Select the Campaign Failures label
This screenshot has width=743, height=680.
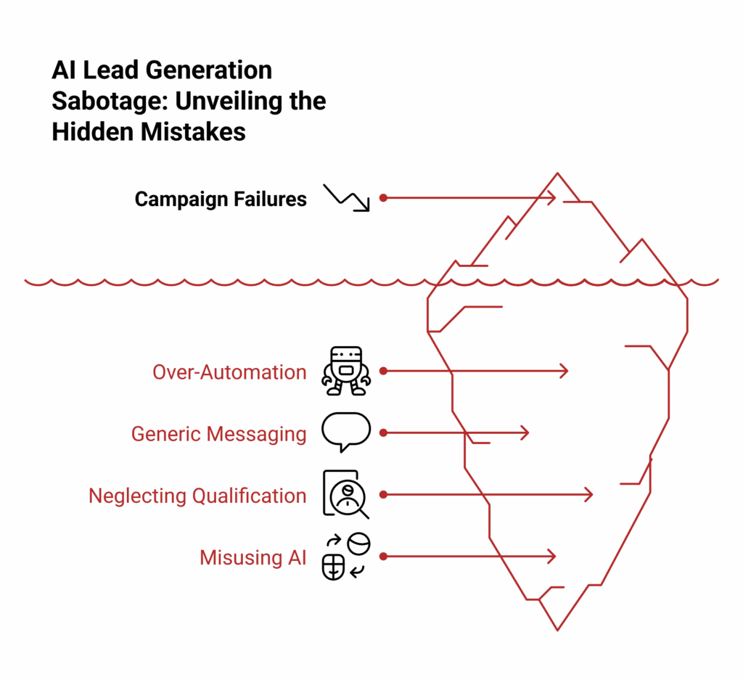(x=221, y=198)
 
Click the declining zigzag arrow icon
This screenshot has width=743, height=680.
(x=347, y=197)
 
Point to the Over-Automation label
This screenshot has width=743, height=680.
(x=229, y=372)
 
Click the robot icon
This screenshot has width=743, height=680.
(x=346, y=371)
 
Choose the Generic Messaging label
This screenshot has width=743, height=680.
(x=218, y=434)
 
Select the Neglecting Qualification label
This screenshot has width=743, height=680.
(x=197, y=496)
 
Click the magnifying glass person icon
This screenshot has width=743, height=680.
(x=346, y=494)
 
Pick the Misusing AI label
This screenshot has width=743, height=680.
(x=253, y=557)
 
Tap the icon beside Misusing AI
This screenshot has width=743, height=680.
(x=346, y=557)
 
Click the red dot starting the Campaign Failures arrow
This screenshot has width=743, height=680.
(x=383, y=197)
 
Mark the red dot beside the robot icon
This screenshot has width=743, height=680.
(x=383, y=371)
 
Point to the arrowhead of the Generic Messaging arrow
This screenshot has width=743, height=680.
(x=527, y=433)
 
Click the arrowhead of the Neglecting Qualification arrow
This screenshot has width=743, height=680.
(x=591, y=495)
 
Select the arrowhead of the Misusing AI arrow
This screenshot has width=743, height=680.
(x=554, y=557)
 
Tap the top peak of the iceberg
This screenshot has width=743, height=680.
(x=557, y=174)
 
